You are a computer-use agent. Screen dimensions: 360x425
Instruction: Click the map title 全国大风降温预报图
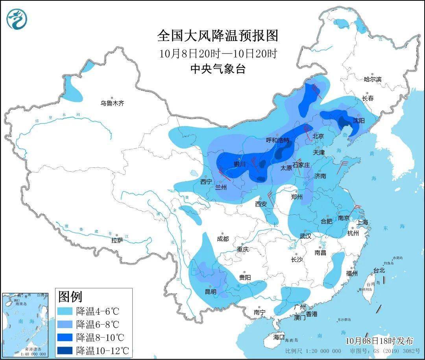point(218,36)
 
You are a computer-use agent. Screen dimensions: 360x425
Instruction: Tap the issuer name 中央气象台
point(218,69)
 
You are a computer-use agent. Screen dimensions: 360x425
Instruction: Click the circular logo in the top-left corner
point(17,19)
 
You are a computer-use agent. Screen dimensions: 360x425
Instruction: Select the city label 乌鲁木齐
point(112,103)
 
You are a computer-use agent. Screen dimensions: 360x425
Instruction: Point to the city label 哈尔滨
point(372,79)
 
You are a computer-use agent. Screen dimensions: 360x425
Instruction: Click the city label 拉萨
point(117,240)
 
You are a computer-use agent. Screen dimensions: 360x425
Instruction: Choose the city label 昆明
point(211,291)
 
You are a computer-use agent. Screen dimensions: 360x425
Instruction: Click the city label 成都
point(222,239)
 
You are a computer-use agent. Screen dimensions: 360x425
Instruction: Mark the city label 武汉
point(305,236)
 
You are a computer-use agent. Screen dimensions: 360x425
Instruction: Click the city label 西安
point(261,204)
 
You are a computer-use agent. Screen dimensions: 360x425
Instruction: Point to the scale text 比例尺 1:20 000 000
point(313,351)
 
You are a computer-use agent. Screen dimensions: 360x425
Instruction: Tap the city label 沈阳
point(358,121)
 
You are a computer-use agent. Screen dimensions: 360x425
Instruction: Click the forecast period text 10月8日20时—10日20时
point(218,54)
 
